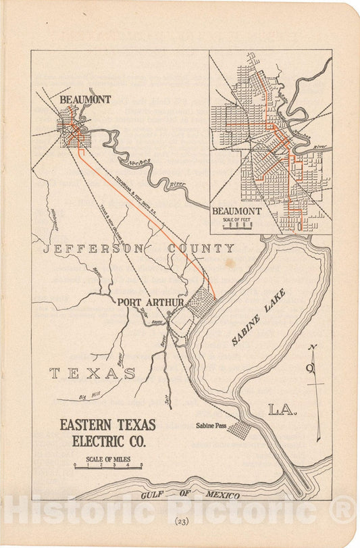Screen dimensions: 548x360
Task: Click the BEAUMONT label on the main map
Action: pos(85,99)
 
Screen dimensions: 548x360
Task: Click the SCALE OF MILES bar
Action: pos(108,466)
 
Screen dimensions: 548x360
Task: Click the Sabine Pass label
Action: pos(215,425)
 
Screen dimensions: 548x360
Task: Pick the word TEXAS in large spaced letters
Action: pos(93,373)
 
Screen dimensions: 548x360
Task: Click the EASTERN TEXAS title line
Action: pos(107,425)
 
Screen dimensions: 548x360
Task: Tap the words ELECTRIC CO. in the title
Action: pos(107,441)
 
